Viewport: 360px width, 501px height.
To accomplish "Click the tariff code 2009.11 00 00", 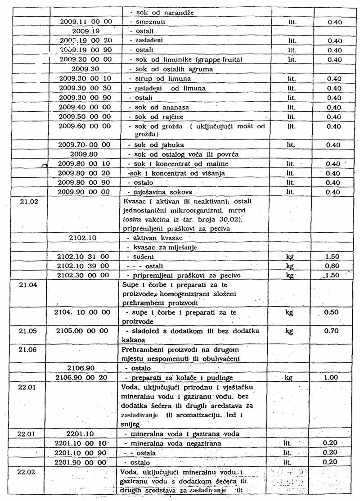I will tap(85, 22).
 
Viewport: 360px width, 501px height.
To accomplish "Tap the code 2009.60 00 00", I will tap(85, 126).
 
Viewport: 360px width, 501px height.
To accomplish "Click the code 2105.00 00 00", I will tap(84, 331).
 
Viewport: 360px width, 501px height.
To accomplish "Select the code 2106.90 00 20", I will tap(84, 378).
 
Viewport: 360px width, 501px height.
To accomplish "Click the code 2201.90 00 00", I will tap(84, 462).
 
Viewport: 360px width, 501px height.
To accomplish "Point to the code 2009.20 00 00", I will tap(85, 59).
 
